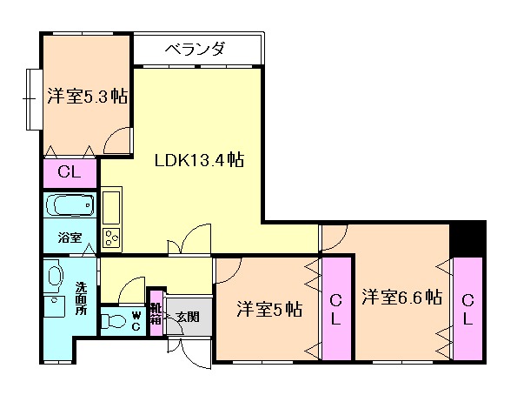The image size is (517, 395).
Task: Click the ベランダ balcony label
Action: point(195,49)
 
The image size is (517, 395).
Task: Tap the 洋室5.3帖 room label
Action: point(88,96)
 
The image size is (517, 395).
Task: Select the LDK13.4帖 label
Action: point(200,160)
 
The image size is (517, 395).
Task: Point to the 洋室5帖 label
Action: point(269,310)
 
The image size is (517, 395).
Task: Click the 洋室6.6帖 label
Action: point(402,296)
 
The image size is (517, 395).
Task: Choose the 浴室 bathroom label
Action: point(70,238)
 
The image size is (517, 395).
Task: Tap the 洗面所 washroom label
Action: point(81,298)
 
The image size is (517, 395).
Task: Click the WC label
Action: point(136,320)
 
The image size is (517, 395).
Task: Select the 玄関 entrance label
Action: point(188,317)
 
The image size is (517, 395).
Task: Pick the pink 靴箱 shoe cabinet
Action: point(156,313)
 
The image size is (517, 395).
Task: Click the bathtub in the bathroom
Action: point(70,205)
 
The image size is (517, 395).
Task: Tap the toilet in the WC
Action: point(112,320)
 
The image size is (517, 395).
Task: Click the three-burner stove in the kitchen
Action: point(112,238)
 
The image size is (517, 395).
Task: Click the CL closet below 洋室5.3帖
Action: point(70,173)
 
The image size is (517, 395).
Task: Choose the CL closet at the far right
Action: point(467,309)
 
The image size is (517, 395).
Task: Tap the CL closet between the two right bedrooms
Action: point(336,309)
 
